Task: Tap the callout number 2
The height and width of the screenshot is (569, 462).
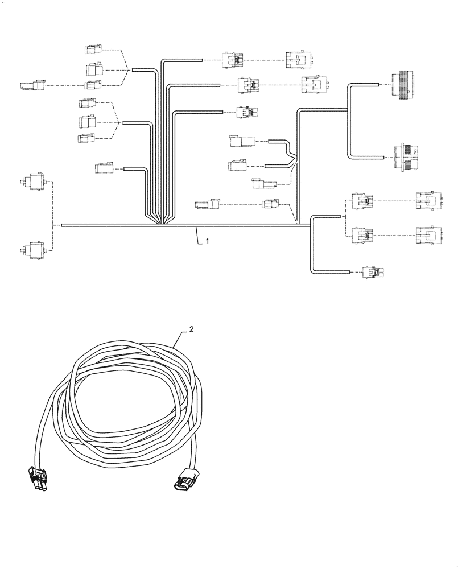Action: [192, 329]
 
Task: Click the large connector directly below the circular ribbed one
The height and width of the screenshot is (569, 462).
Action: [406, 156]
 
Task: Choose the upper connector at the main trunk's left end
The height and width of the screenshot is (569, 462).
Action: [36, 182]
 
